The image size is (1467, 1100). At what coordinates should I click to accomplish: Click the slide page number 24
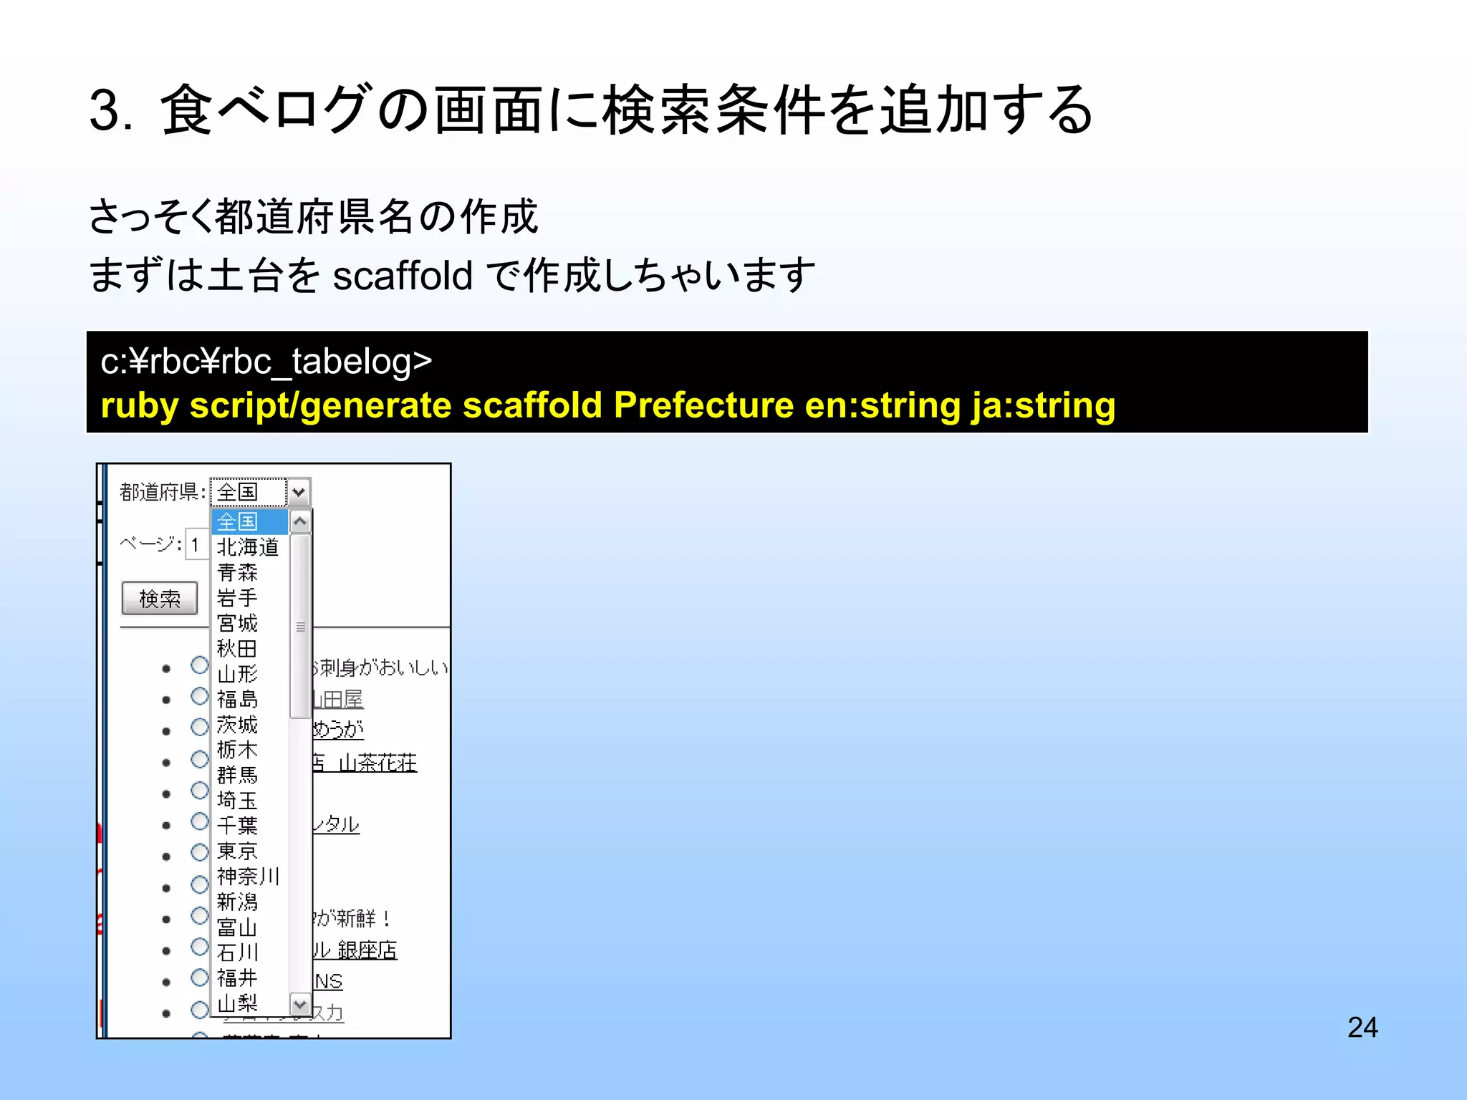click(1362, 1027)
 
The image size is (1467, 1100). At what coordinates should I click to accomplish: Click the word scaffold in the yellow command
click(533, 405)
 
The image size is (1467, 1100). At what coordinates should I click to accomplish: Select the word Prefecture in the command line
click(703, 405)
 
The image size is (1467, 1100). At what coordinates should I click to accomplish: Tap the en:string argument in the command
click(882, 405)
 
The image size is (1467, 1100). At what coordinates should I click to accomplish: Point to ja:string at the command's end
click(1043, 405)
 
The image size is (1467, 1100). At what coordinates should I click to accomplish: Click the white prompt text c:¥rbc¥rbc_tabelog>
click(266, 361)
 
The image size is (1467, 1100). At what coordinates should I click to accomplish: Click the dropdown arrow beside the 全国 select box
click(299, 492)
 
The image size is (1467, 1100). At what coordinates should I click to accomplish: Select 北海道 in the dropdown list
click(247, 547)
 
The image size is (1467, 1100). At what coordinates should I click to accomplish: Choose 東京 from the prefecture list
click(237, 851)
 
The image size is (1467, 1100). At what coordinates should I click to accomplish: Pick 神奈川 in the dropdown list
click(247, 877)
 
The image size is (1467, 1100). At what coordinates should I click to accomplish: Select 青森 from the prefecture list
click(237, 572)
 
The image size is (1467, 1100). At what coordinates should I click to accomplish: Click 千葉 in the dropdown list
click(237, 826)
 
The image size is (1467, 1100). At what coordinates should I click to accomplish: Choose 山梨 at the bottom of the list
click(237, 1003)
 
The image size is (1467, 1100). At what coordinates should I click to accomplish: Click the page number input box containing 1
click(196, 545)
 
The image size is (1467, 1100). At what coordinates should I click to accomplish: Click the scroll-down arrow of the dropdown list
click(300, 1005)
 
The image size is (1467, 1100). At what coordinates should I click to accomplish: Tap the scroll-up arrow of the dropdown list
click(300, 521)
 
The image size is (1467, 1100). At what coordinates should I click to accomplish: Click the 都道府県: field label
click(163, 492)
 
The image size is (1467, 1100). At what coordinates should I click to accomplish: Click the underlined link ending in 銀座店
click(355, 950)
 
